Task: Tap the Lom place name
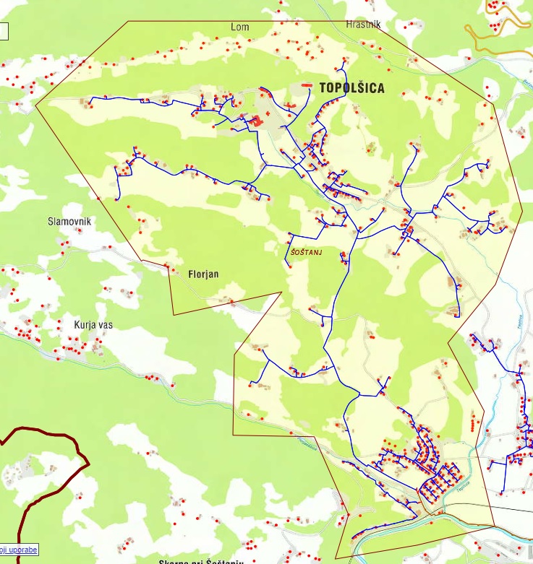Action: tap(239, 27)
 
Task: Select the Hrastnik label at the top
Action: tap(362, 24)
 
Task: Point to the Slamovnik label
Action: tap(69, 222)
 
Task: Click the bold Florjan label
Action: tap(202, 274)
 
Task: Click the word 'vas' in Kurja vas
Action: tap(103, 325)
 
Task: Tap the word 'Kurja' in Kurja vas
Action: tap(84, 325)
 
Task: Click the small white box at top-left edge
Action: tap(3, 31)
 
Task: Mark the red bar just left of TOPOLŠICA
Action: tap(307, 85)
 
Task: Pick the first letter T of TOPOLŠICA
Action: tap(323, 88)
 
